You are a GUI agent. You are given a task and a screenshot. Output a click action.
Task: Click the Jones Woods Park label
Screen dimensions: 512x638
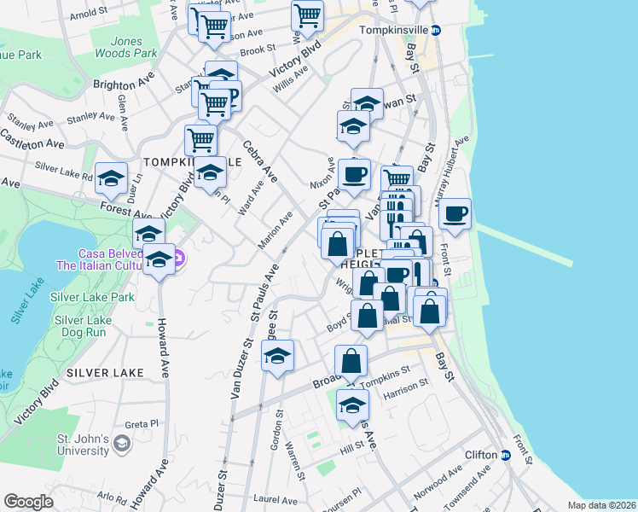tap(125, 46)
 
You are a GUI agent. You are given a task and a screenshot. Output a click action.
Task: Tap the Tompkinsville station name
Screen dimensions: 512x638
tap(393, 29)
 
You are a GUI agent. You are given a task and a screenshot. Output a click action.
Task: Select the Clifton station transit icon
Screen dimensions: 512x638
tap(505, 455)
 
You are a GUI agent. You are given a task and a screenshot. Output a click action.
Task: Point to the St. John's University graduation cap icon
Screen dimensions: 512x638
tap(123, 444)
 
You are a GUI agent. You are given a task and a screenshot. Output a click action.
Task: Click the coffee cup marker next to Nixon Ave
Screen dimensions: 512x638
tap(354, 175)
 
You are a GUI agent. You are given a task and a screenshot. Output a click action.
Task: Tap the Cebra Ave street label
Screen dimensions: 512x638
tap(261, 161)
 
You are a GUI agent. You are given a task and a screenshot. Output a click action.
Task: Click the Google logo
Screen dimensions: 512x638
tap(28, 502)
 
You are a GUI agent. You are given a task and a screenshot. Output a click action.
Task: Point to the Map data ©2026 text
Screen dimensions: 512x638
tap(601, 505)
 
